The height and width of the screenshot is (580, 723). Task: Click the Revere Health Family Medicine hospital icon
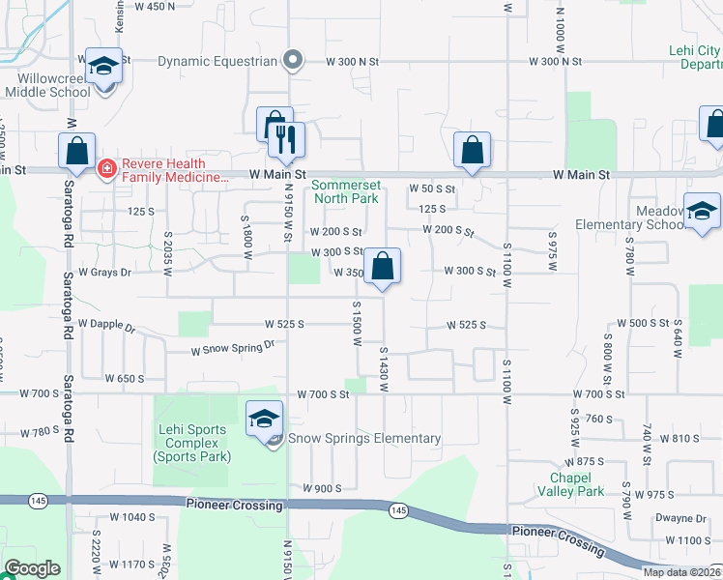click(x=106, y=169)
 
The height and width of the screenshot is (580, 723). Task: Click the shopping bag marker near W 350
click(x=383, y=265)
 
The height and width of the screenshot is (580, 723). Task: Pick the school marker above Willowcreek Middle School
click(x=103, y=66)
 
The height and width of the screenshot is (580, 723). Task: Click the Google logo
click(x=32, y=568)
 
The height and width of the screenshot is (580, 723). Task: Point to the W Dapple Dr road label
click(x=106, y=326)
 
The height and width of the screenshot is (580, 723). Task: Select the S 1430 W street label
click(x=384, y=369)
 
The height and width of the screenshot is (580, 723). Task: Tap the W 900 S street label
click(x=322, y=488)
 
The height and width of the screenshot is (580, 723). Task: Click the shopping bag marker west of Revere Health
click(x=76, y=151)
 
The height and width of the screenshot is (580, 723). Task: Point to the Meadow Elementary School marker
click(x=703, y=211)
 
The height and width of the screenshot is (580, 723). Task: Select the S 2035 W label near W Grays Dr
click(x=167, y=253)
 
